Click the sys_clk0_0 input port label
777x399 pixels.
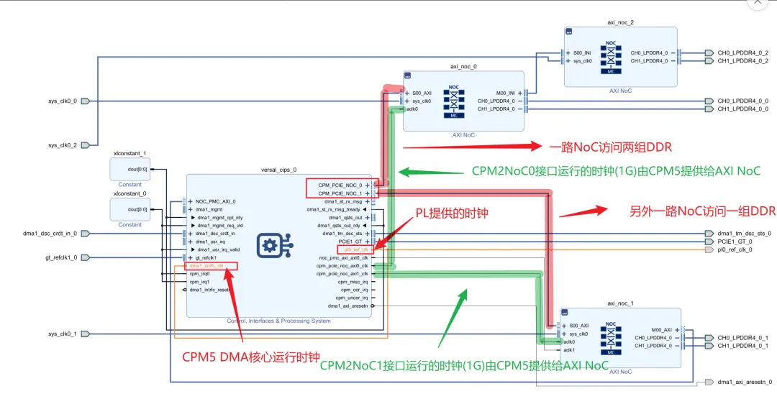62,101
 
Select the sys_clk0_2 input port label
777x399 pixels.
62,145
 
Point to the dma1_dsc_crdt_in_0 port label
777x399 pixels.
50,234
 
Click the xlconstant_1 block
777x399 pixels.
129,169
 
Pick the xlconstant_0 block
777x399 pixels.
129,209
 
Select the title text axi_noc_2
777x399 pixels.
620,22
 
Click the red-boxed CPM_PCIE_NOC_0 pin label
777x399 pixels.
341,185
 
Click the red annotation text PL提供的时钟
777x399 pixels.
452,213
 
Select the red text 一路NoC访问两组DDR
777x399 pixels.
611,147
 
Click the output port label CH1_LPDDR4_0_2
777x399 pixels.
742,61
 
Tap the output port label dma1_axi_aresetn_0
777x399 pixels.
745,382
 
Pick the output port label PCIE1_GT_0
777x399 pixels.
735,242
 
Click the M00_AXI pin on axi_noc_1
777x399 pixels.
661,330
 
